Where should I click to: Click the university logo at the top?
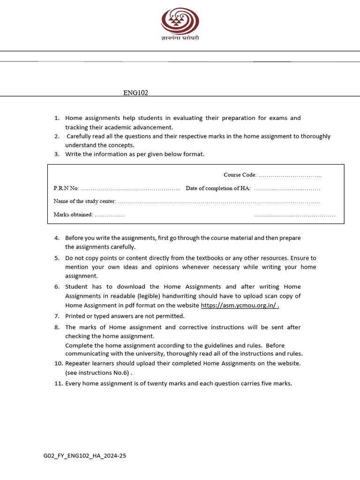tap(180, 22)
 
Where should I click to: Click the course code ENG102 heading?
tap(135, 93)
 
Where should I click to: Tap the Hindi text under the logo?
tap(180, 38)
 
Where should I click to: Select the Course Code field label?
tap(240, 175)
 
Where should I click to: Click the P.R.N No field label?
tap(66, 188)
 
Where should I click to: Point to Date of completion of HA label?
tap(218, 188)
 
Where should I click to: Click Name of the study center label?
tap(84, 202)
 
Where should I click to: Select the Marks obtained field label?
tap(74, 215)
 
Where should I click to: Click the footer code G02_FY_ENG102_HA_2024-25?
tap(85, 455)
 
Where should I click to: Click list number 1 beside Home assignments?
tap(56, 118)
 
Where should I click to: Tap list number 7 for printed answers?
tap(56, 316)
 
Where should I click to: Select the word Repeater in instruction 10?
tap(78, 363)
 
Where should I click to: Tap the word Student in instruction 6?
tap(76, 287)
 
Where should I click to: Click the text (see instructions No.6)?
tap(98, 373)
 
